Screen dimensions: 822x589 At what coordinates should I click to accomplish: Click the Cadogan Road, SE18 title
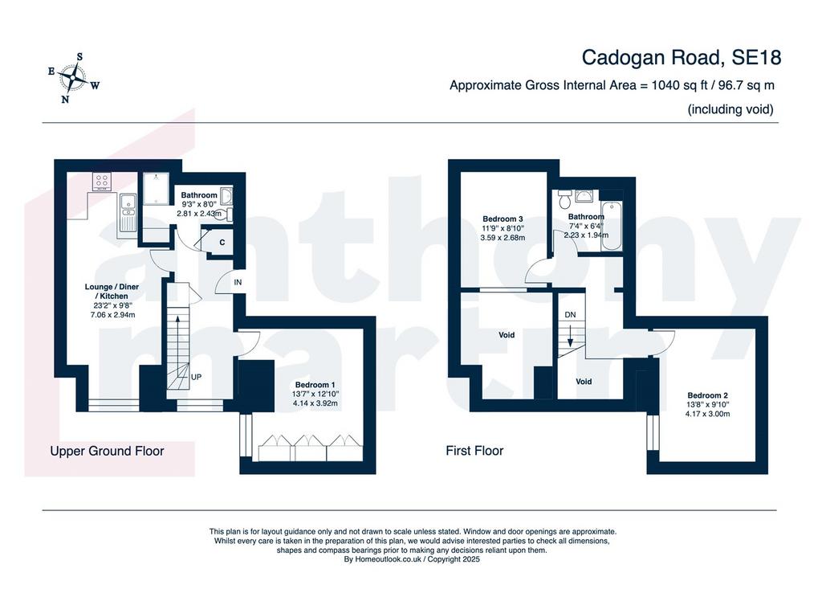click(x=681, y=58)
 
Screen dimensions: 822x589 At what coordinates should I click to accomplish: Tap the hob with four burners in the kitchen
click(x=103, y=181)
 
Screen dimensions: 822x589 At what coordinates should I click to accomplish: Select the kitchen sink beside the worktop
click(x=128, y=213)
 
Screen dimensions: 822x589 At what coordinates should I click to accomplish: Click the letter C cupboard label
click(x=222, y=243)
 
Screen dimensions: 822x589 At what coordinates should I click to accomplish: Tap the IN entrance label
click(x=238, y=282)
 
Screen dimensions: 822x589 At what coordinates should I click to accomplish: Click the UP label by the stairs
click(x=196, y=377)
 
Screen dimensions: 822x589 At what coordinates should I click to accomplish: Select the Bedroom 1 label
click(x=315, y=385)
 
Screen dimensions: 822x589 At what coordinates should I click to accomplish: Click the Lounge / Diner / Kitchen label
click(x=112, y=292)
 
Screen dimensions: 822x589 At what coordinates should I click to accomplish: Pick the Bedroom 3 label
click(x=503, y=219)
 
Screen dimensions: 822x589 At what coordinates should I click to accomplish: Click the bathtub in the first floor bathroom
click(x=612, y=227)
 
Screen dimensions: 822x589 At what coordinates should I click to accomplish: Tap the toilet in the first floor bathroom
click(x=565, y=198)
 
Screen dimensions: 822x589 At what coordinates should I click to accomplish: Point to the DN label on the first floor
click(x=571, y=315)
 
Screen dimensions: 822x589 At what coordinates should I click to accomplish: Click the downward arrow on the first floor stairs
click(x=571, y=335)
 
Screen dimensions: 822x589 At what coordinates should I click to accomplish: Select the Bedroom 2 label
click(x=708, y=395)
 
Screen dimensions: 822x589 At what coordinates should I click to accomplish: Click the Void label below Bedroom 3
click(x=507, y=335)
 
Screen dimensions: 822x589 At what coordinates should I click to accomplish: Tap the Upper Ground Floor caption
click(x=107, y=451)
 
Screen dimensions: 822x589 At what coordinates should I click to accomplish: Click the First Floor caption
click(x=474, y=451)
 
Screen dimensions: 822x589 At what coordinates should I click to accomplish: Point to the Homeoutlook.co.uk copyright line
click(x=412, y=559)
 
